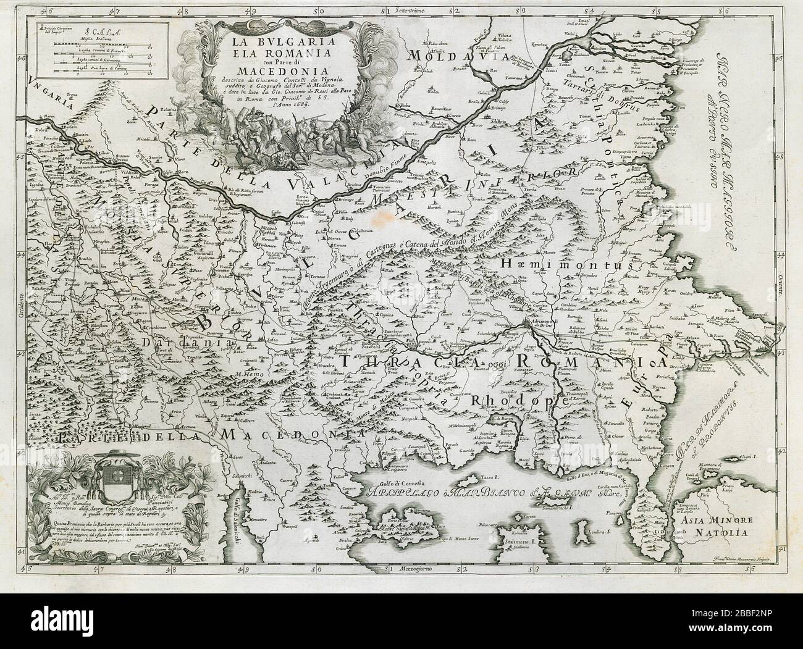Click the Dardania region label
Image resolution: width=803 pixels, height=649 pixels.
(165, 341)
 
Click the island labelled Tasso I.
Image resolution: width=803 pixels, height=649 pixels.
(484, 479)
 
